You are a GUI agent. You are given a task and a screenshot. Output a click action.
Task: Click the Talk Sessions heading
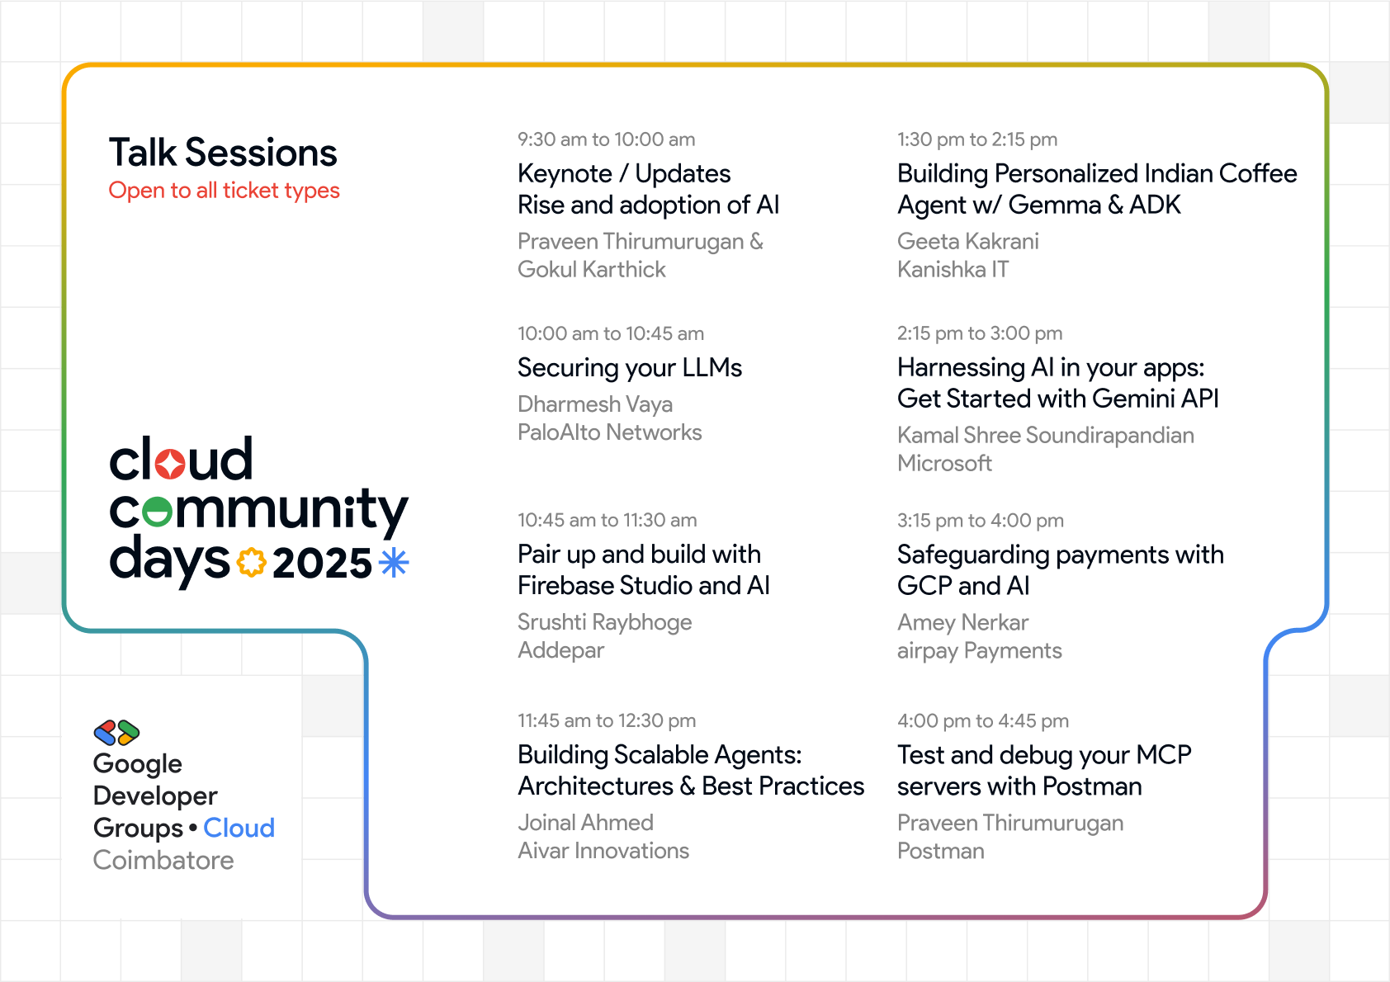[223, 153]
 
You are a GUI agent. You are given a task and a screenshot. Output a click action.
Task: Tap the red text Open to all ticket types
[224, 191]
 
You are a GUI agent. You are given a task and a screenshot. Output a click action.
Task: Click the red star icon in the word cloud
[169, 463]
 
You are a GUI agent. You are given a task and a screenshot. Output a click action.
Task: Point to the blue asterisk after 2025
[394, 563]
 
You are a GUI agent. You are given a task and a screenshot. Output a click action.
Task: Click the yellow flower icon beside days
[251, 563]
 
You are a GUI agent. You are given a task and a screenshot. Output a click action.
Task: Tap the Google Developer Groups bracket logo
[116, 733]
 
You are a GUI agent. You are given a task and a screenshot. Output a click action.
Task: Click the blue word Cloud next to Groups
[239, 828]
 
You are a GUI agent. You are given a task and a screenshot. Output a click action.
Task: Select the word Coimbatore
[163, 861]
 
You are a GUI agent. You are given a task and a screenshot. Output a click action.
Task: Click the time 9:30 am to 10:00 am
[606, 139]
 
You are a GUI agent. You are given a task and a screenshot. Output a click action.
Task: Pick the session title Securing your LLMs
[630, 368]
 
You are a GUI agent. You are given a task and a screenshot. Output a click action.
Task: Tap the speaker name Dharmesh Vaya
[595, 404]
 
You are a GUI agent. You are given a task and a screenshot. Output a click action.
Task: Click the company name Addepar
[560, 650]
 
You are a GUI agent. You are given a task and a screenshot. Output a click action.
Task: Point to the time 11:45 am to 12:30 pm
[607, 721]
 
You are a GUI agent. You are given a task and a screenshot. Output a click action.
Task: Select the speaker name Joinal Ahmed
[585, 823]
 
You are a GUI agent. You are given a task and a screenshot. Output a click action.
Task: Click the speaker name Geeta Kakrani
[968, 241]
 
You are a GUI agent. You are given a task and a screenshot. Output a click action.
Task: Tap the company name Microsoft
[944, 464]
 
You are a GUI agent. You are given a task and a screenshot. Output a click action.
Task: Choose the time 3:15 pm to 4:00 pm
[981, 521]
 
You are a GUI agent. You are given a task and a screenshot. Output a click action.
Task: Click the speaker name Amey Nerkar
[963, 622]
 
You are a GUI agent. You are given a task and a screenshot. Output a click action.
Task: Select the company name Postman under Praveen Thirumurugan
[941, 851]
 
